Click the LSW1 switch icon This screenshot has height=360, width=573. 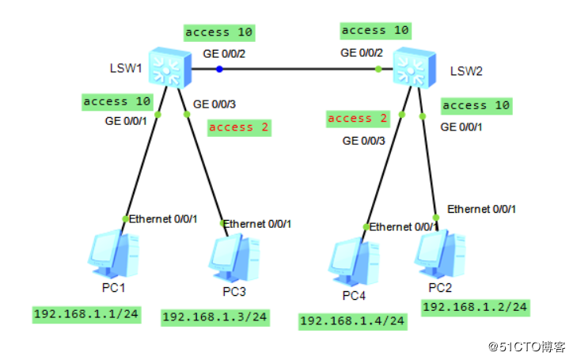click(x=170, y=67)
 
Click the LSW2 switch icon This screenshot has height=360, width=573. click(x=415, y=67)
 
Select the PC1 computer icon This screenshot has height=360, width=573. click(x=114, y=254)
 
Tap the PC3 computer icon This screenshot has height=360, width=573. click(x=234, y=258)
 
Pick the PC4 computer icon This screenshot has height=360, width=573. click(x=354, y=262)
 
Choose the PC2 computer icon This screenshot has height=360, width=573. click(x=440, y=254)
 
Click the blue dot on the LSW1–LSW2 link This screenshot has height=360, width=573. click(x=219, y=69)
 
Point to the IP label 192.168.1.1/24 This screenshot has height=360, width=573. click(x=86, y=314)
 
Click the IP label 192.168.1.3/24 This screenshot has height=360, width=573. click(x=215, y=317)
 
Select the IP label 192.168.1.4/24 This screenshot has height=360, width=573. click(x=353, y=321)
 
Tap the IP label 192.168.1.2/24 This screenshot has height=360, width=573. click(x=476, y=308)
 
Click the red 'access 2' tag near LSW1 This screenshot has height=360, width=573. click(x=239, y=127)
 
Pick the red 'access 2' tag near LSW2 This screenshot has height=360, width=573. click(x=358, y=119)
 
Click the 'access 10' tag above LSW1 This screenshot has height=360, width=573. click(x=219, y=33)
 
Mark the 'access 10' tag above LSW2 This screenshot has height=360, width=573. click(x=376, y=31)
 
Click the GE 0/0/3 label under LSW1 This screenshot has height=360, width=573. click(x=214, y=104)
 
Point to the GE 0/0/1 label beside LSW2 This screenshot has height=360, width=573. click(x=461, y=127)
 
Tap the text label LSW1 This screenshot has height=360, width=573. click(x=126, y=68)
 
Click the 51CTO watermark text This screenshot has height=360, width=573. click(x=527, y=347)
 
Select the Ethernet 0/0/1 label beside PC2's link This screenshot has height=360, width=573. click(x=482, y=209)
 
